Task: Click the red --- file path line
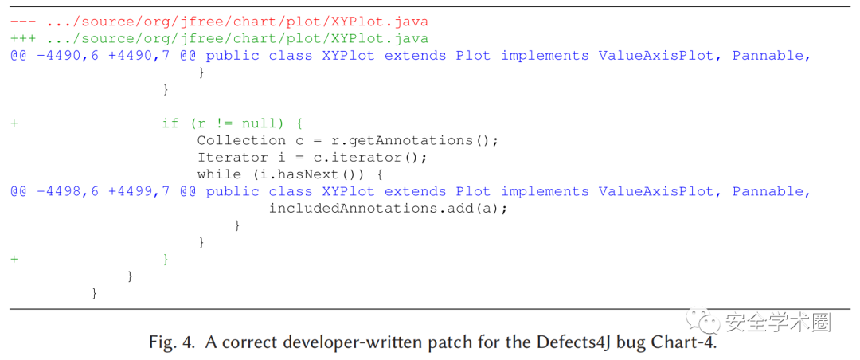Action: point(219,22)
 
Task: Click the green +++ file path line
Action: point(219,38)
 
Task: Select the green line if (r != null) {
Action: point(233,123)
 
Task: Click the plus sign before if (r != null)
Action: point(14,123)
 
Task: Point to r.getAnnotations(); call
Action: point(415,140)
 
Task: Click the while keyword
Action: point(219,174)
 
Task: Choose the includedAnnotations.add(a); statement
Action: point(388,208)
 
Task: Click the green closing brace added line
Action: point(166,260)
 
